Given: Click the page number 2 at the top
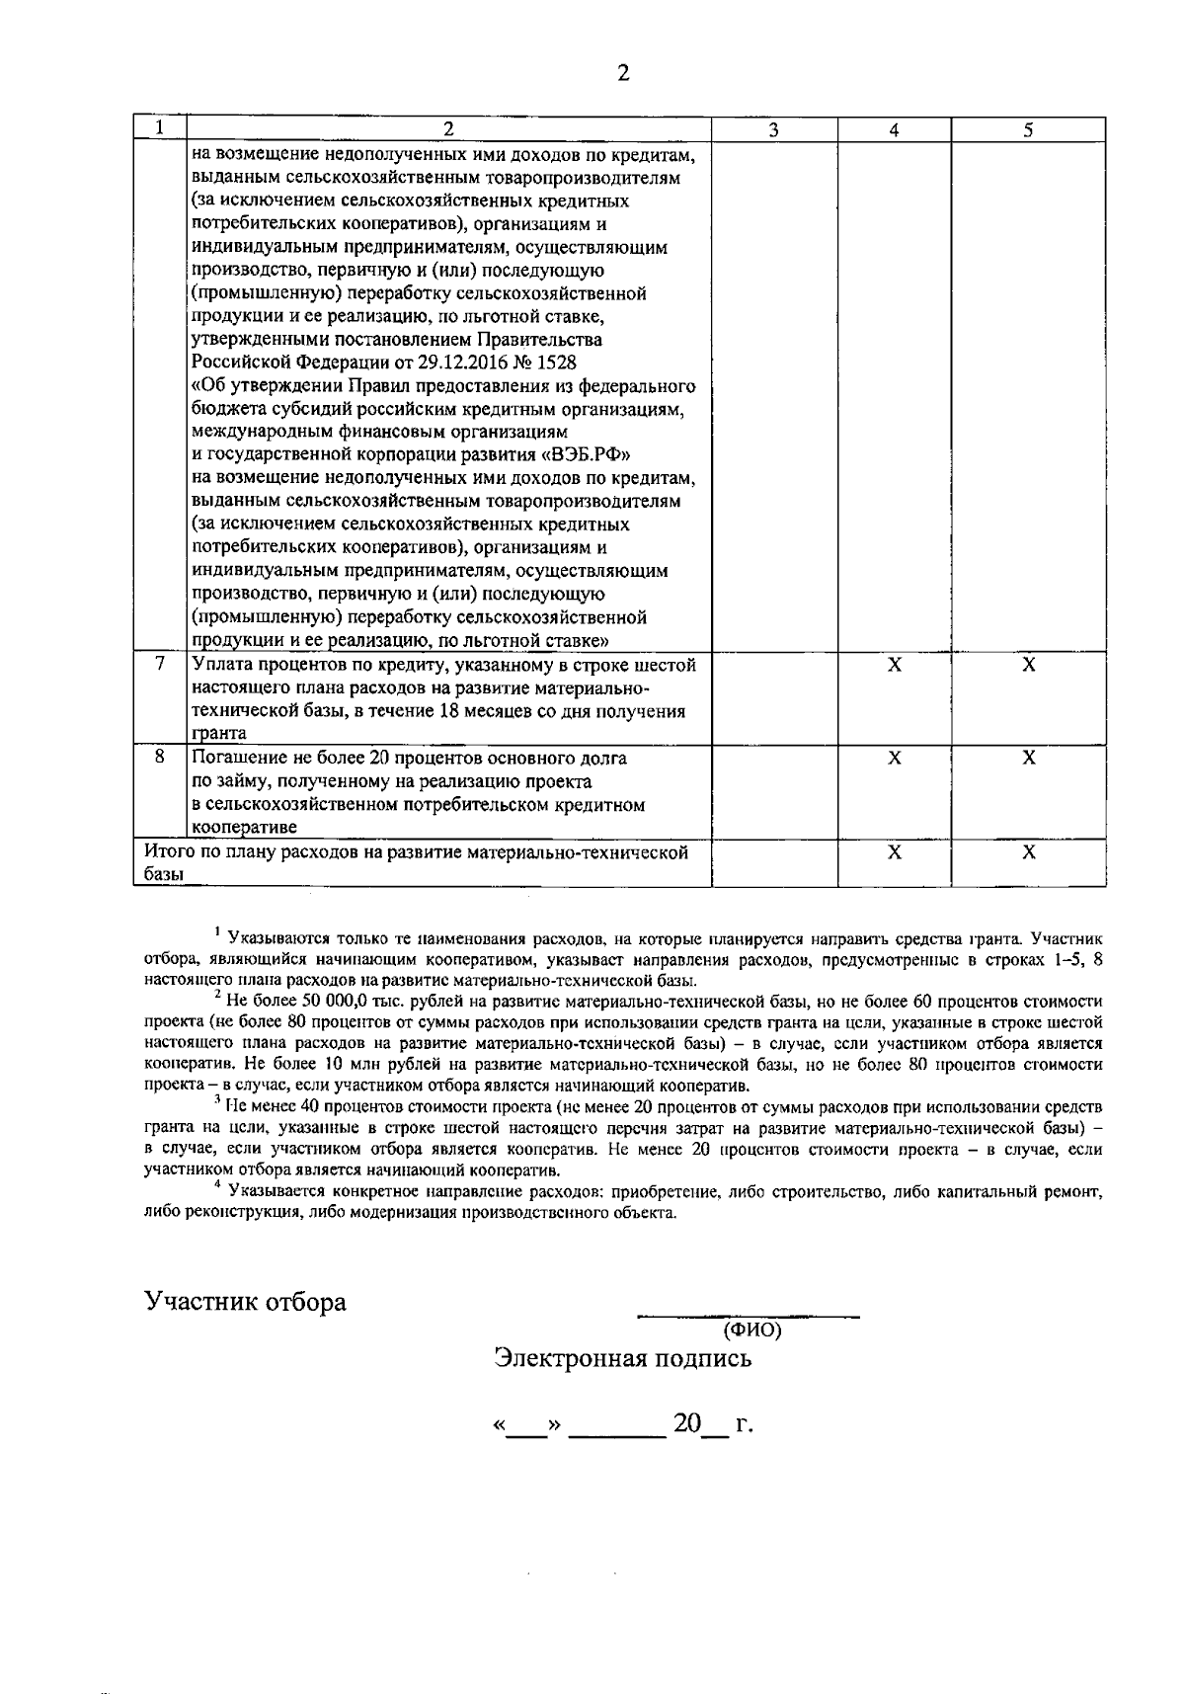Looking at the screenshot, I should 622,73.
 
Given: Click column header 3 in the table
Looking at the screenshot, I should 774,129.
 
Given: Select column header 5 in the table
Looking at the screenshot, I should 1028,129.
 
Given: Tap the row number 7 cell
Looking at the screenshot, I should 160,665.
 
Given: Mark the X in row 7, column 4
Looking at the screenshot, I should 894,665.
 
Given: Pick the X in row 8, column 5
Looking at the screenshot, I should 1028,758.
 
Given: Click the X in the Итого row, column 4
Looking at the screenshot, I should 894,851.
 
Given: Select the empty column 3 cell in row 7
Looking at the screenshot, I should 774,698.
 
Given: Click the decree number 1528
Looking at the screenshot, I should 556,363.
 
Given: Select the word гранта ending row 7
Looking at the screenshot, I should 219,734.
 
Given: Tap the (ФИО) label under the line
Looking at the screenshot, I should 751,1331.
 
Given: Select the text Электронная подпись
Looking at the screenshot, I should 623,1358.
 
